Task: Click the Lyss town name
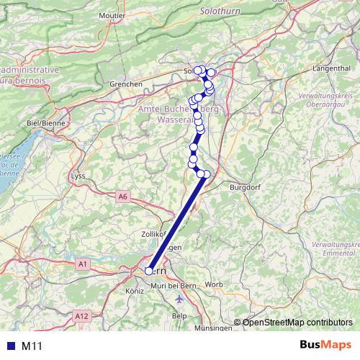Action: tap(79, 176)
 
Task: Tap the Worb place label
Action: tap(213, 284)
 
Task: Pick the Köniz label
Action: tap(135, 291)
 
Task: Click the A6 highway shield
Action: tap(122, 196)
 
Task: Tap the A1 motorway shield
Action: tap(83, 264)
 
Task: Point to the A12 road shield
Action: tap(81, 315)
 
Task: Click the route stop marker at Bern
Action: tap(149, 271)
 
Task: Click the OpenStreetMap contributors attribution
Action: tap(297, 323)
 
